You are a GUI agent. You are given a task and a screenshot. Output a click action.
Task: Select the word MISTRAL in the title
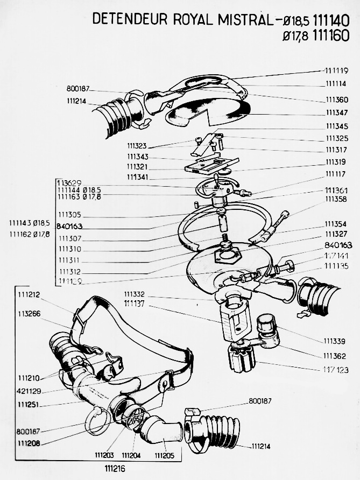242,19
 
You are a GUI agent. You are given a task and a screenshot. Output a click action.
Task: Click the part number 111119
336,70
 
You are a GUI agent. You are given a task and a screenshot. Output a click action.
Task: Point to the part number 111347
336,113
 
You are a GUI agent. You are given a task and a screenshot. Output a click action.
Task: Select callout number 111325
336,138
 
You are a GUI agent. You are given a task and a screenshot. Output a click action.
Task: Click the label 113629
69,183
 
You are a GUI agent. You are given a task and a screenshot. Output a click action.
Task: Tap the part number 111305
70,214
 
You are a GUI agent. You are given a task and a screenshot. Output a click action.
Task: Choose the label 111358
336,199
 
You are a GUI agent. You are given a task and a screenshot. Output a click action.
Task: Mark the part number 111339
334,341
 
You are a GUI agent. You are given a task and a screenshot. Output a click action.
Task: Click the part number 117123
334,370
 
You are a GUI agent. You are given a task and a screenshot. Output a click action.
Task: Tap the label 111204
131,455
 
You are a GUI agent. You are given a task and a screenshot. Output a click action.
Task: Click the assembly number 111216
116,469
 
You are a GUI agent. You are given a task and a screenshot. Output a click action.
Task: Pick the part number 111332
135,295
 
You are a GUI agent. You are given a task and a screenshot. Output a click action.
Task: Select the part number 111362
335,356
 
